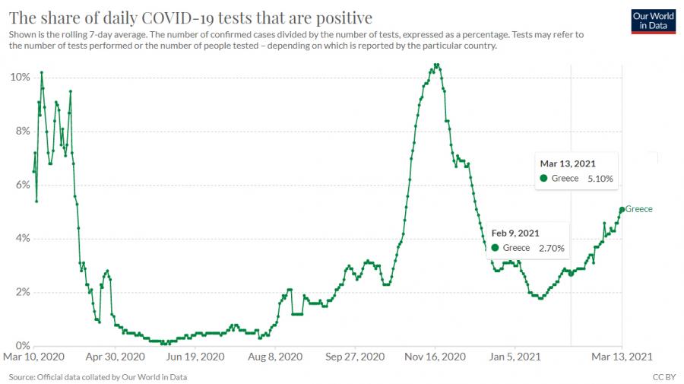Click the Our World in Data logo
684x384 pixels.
tap(654, 20)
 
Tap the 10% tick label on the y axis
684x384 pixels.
tap(20, 78)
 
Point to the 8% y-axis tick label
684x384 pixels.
tap(22, 131)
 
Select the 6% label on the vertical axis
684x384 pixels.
tap(22, 185)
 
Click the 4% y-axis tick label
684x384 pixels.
tap(22, 239)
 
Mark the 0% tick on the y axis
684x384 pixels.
tap(22, 345)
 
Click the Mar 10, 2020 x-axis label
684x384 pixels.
tap(33, 356)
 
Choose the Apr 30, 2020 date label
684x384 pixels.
tap(116, 356)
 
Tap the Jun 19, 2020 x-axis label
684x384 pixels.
tap(196, 356)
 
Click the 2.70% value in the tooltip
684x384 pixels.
tap(552, 248)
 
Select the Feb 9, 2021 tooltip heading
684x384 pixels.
tap(515, 233)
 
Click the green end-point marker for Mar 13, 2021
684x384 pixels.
tap(622, 209)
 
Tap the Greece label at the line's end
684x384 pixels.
tap(639, 209)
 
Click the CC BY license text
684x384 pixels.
tap(663, 377)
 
